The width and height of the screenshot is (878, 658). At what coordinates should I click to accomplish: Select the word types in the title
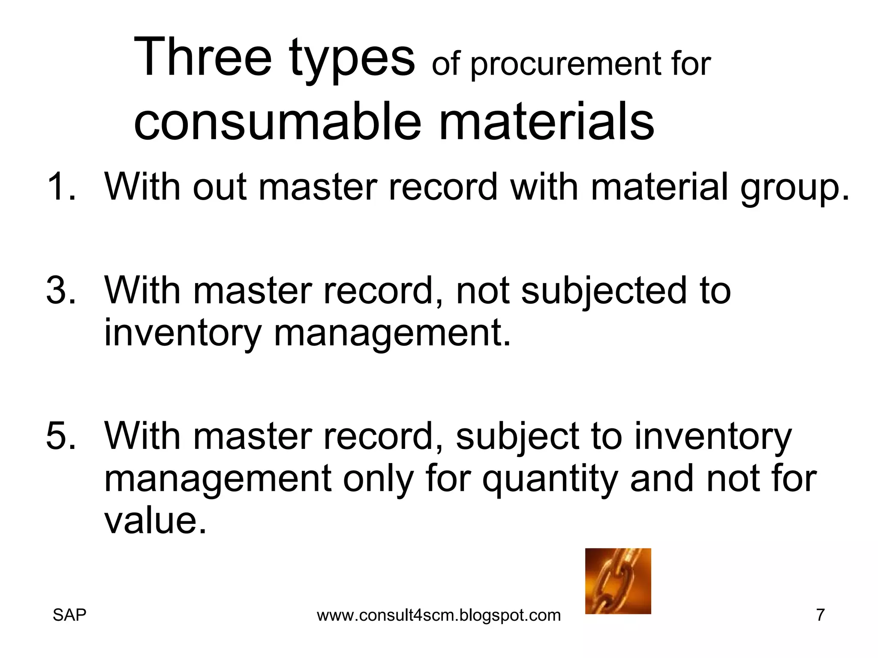coord(352,60)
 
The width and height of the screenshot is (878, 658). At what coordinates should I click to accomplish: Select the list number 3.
coord(60,290)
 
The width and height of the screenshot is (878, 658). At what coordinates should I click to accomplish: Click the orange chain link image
coord(618,581)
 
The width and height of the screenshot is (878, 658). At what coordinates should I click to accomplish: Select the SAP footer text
coord(69,615)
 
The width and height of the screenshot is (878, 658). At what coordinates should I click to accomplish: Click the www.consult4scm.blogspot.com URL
coord(439,616)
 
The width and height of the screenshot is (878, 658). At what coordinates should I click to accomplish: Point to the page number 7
coord(820,615)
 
